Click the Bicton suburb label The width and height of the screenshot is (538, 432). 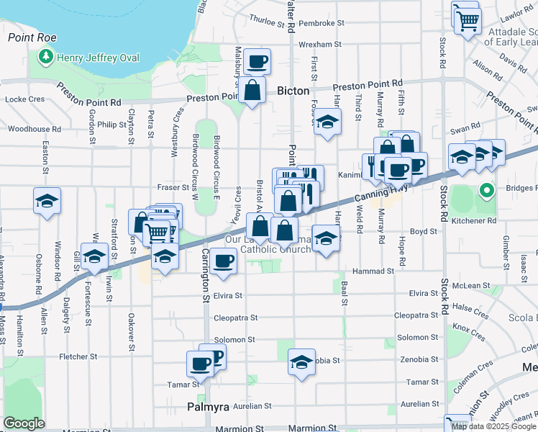[x=293, y=91]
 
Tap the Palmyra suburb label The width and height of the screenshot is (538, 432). [x=208, y=407]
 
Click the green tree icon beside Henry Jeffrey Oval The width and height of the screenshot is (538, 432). [x=47, y=55]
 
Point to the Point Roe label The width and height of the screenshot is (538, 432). [x=27, y=36]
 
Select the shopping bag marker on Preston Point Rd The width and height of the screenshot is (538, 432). [x=252, y=91]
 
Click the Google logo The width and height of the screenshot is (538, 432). [x=24, y=423]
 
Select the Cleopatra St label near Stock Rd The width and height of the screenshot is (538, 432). [x=416, y=315]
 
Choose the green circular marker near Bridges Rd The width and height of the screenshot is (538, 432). [x=486, y=192]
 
